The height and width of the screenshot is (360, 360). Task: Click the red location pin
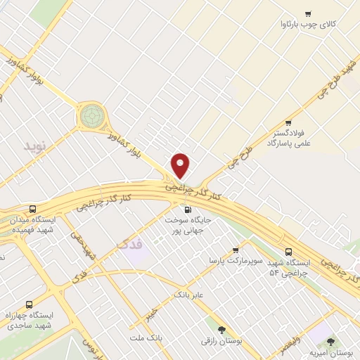click(181, 166)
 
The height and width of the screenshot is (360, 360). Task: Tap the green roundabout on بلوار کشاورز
click(91, 116)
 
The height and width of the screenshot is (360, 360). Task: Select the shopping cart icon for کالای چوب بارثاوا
click(308, 14)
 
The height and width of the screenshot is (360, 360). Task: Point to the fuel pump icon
click(186, 209)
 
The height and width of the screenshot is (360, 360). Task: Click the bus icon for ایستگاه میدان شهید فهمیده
click(33, 209)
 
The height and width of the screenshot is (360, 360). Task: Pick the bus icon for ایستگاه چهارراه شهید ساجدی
click(29, 305)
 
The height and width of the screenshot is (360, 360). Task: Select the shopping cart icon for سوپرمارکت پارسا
click(236, 250)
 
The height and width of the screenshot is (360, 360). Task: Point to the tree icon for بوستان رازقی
click(221, 328)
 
